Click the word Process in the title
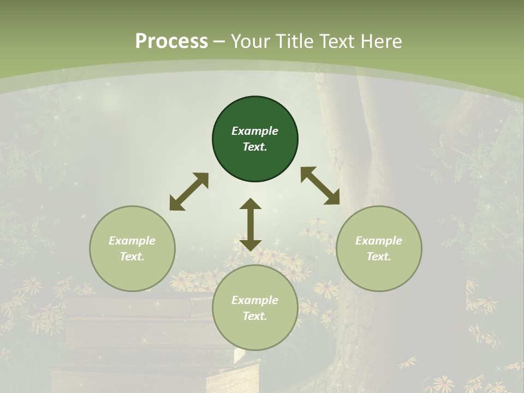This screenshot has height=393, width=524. [171, 41]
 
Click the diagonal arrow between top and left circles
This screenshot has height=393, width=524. [189, 192]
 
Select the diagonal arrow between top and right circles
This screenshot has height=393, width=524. [320, 186]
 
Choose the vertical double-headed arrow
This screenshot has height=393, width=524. [251, 224]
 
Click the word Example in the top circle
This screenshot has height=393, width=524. [255, 131]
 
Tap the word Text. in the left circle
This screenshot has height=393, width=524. [132, 257]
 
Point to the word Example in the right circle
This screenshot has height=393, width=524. [379, 241]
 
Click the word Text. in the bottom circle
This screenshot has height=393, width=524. [255, 316]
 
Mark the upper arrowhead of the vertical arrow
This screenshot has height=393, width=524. [251, 205]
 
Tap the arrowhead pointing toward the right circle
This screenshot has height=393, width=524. [332, 198]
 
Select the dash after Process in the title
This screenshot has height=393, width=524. [219, 41]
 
